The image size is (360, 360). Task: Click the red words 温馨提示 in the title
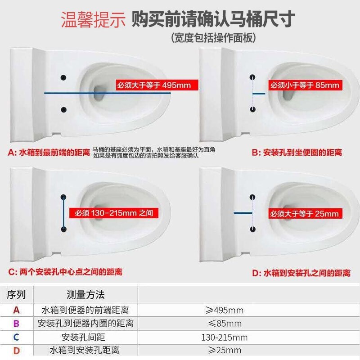click(93, 20)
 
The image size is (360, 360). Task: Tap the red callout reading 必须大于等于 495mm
click(157, 85)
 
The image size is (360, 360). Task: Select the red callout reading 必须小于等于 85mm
click(305, 85)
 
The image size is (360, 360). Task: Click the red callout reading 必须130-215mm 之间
click(114, 213)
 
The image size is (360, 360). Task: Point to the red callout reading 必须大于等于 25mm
click(305, 214)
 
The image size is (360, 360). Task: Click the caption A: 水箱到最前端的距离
click(49, 152)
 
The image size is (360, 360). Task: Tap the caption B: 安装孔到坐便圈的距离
click(297, 153)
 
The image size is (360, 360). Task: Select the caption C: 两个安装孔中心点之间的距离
click(65, 272)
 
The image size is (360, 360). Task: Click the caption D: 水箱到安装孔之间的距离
click(301, 273)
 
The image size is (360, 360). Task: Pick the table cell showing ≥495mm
click(224, 310)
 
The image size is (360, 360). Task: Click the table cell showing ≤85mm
click(225, 324)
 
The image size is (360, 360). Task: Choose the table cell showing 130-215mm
click(224, 337)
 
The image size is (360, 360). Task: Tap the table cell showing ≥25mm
click(225, 351)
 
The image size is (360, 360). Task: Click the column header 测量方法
click(85, 295)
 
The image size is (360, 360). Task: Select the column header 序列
click(16, 295)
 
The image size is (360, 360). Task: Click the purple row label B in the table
click(16, 324)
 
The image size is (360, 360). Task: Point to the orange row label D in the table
click(16, 351)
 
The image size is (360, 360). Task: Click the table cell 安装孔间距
click(83, 337)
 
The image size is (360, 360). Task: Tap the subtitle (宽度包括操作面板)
click(213, 38)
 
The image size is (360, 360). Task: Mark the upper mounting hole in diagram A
click(63, 77)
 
